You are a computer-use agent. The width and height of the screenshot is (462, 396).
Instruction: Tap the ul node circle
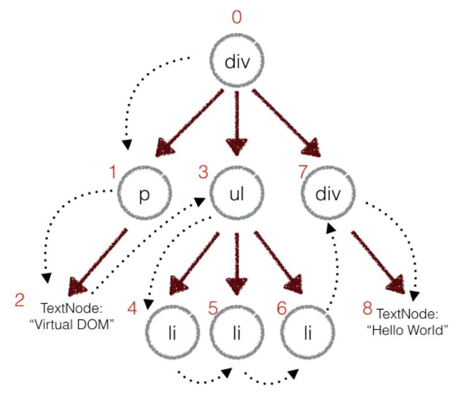coord(235,194)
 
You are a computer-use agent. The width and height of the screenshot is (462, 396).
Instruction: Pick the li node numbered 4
coord(171,332)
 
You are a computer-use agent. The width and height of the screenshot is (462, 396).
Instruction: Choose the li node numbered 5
coord(235,332)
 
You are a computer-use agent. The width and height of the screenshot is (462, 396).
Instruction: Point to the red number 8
coord(367,306)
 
